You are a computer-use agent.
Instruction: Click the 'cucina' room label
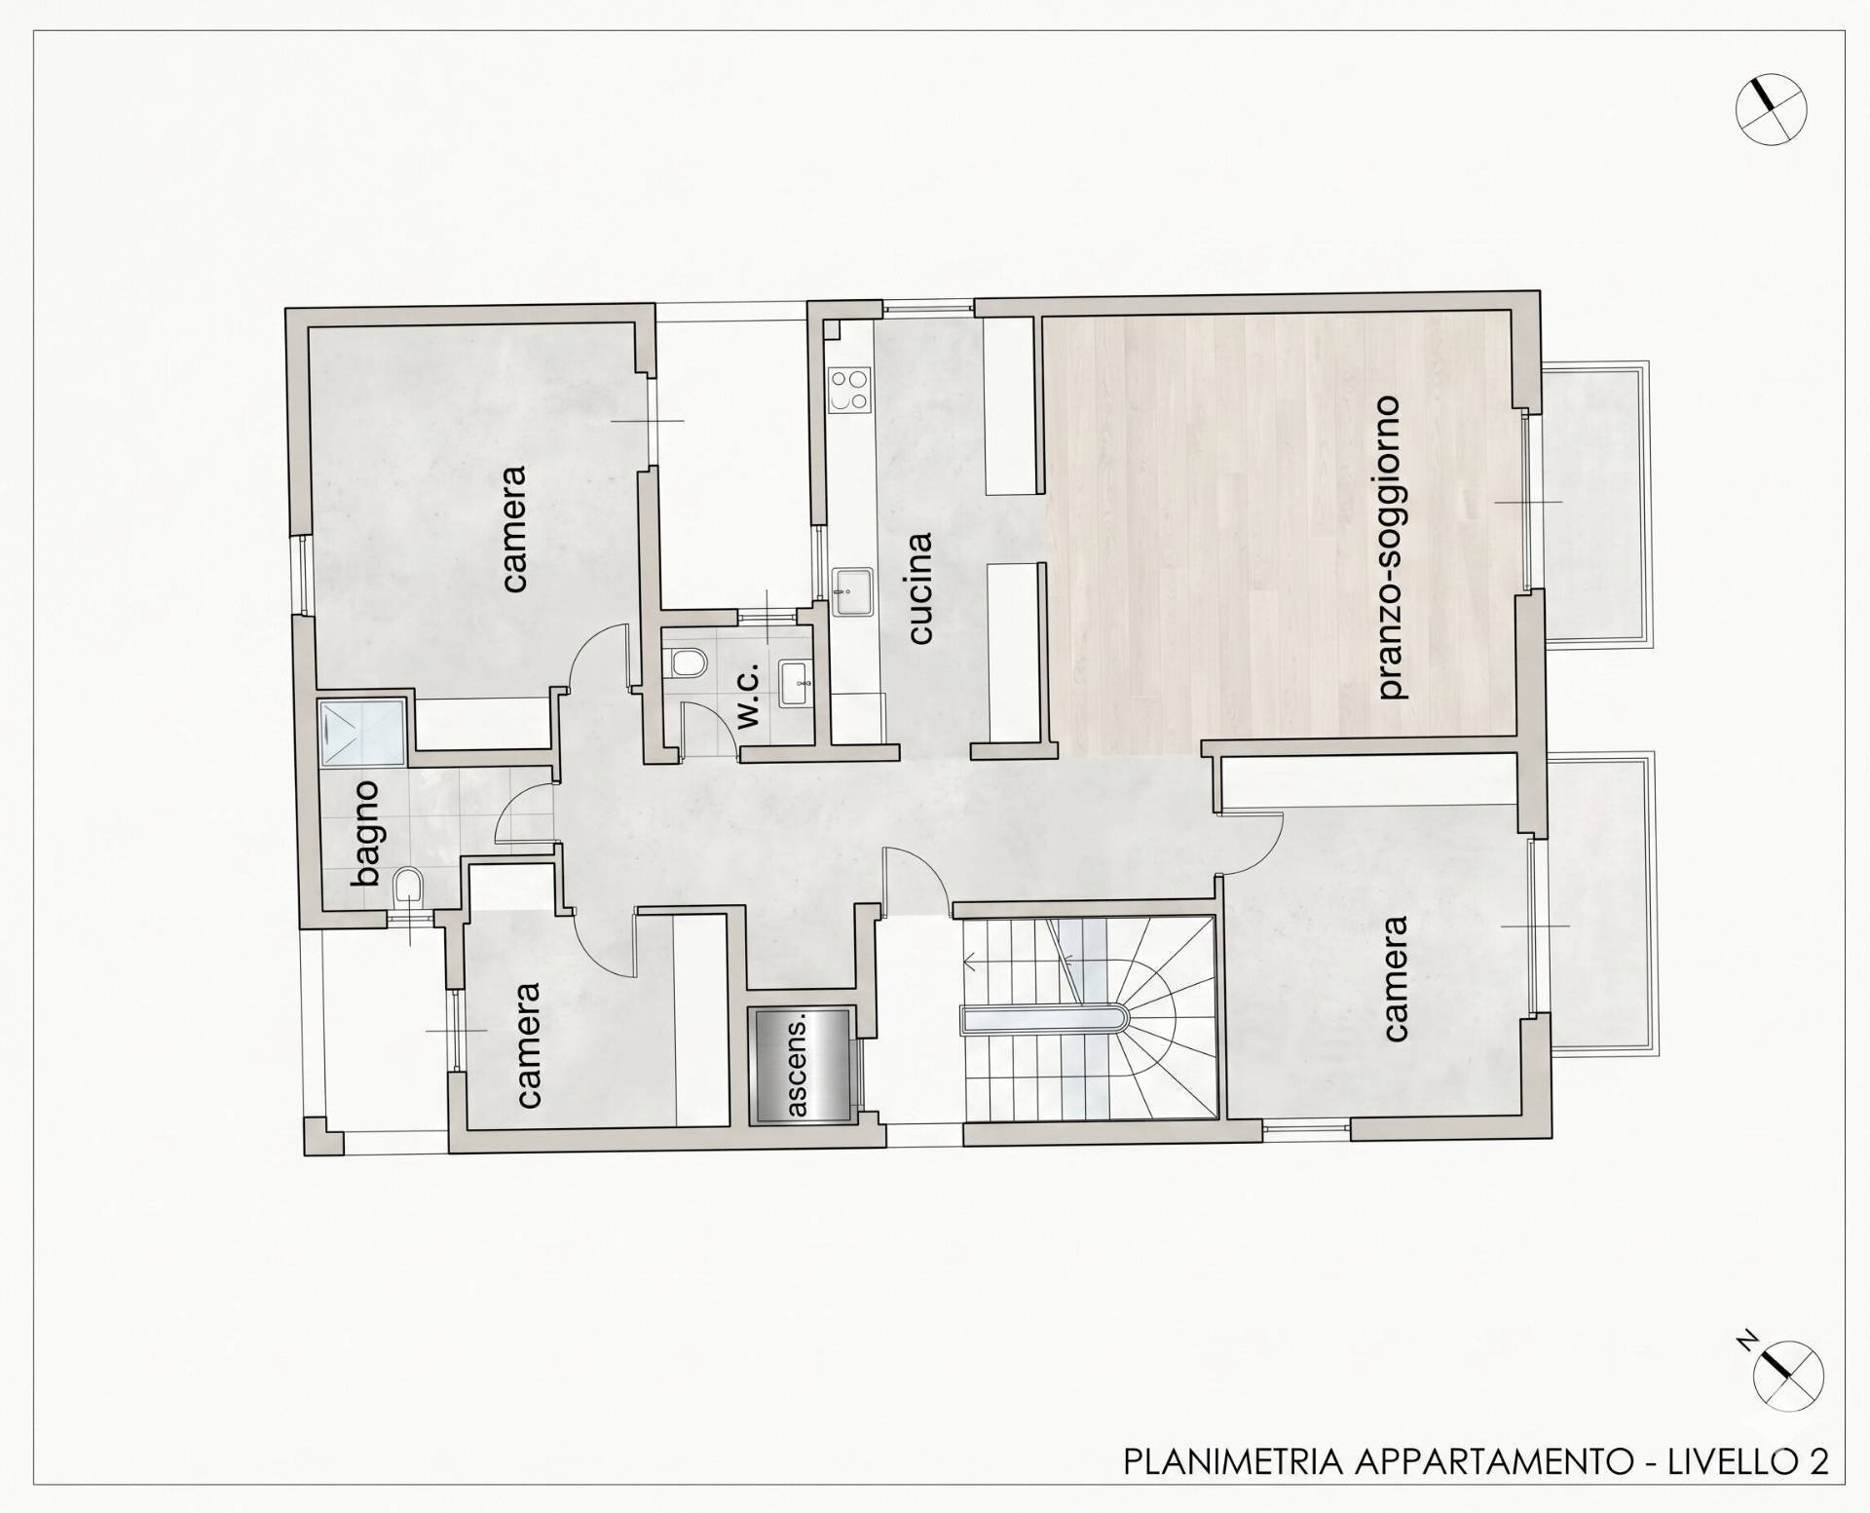pos(919,587)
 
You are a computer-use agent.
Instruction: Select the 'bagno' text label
pos(367,832)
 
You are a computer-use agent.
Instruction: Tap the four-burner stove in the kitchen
pos(848,390)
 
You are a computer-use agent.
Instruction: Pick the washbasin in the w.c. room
pos(796,683)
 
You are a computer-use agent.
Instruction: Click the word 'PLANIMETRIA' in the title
pos(1233,1461)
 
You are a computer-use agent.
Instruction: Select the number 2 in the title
pos(1818,1461)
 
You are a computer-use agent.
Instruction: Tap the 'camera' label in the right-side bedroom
pos(1395,978)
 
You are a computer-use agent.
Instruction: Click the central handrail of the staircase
pos(1044,1020)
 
